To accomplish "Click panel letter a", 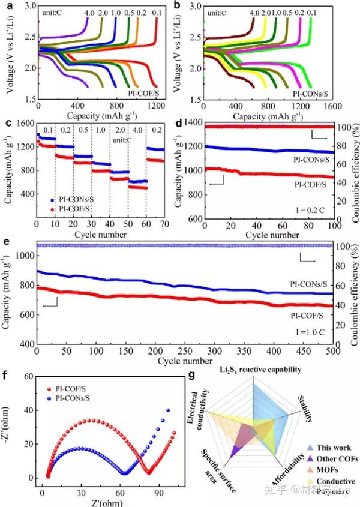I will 7,7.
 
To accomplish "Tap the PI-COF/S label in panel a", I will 146,94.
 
